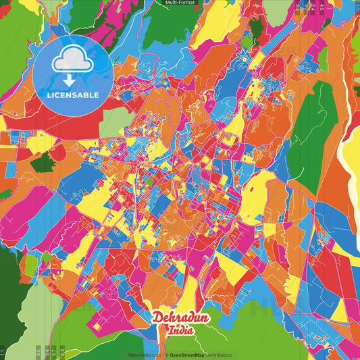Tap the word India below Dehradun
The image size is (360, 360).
point(182,331)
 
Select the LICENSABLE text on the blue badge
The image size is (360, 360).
point(72,94)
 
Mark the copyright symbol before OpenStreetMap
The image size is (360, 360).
point(166,355)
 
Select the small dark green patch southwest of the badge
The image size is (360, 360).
point(42,161)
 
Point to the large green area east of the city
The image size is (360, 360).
point(315,135)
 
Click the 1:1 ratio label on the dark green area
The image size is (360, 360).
point(3,351)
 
